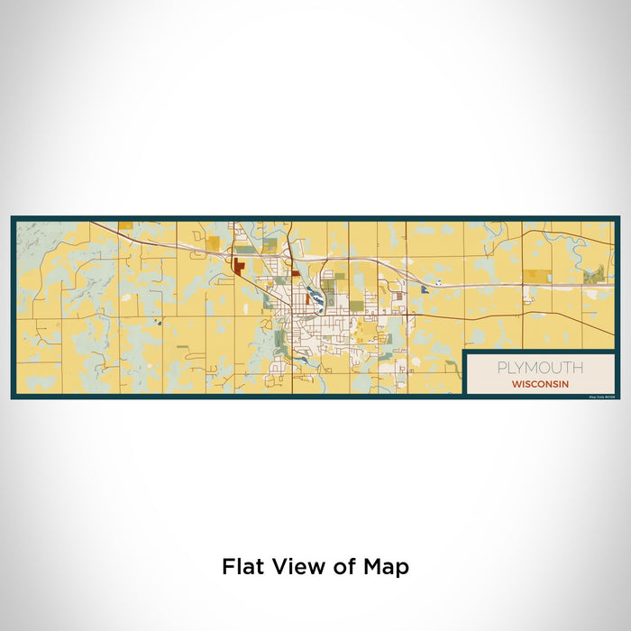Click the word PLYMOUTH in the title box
click(539, 368)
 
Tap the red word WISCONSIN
click(539, 383)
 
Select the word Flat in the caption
click(242, 567)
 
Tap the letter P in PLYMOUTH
click(499, 368)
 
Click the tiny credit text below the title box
click(599, 396)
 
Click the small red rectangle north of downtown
click(295, 250)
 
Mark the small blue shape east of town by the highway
click(422, 289)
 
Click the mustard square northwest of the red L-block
click(213, 242)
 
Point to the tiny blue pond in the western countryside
click(156, 322)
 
